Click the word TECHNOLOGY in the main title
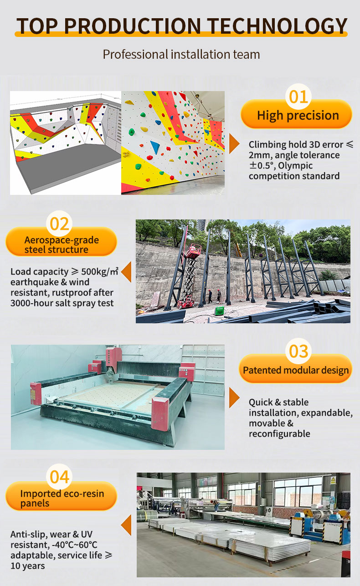tap(278, 26)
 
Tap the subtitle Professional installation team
tap(181, 55)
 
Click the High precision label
tap(298, 115)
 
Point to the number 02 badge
tap(59, 224)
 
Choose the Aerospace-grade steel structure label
tap(62, 245)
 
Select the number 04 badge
tap(59, 477)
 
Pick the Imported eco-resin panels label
tap(62, 499)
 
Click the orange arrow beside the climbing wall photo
tap(234, 143)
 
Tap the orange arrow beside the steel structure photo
tap(127, 272)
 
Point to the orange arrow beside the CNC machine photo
tap(234, 397)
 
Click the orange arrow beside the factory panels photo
tap(127, 525)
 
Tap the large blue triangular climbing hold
tap(155, 147)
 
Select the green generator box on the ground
tap(219, 311)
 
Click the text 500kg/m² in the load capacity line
tap(99, 271)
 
